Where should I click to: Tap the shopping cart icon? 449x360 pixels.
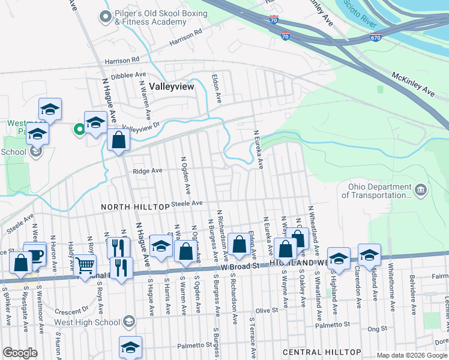click(85, 264)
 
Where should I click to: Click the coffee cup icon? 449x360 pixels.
click(35, 254)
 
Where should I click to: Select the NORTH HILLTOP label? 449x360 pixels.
click(135, 206)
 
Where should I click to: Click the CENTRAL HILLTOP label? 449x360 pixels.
click(321, 352)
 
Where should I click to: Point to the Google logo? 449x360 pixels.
click(20, 353)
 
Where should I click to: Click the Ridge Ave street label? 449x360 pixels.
click(148, 171)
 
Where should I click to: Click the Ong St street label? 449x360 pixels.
click(378, 329)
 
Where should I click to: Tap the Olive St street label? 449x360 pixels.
click(268, 310)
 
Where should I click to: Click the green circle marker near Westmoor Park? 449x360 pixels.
click(79, 128)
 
